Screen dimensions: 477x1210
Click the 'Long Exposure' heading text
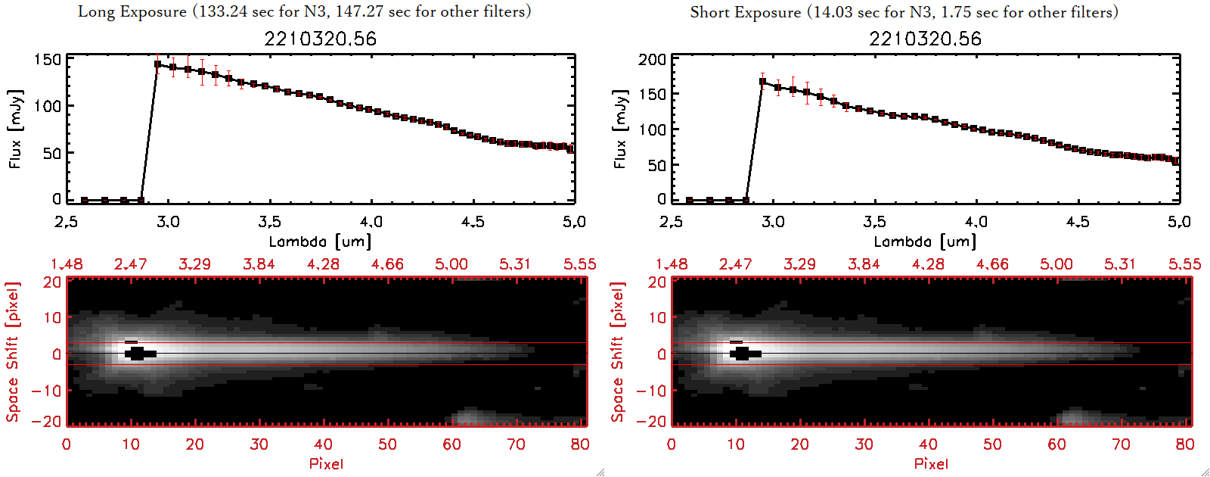(x=132, y=11)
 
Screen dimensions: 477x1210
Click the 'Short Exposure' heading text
(x=745, y=12)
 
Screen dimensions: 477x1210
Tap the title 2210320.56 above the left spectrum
(x=320, y=39)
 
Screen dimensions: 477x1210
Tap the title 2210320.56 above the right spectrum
(x=925, y=39)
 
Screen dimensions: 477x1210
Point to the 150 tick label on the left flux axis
(x=48, y=59)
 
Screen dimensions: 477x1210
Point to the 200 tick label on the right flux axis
(x=653, y=59)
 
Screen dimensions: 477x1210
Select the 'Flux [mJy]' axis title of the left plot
(x=16, y=129)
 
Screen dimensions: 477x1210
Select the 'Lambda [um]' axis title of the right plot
(x=925, y=242)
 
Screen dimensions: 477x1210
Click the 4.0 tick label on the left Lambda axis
(x=371, y=222)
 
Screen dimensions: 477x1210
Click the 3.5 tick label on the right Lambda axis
(x=874, y=222)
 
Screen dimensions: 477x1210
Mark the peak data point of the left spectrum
(x=157, y=64)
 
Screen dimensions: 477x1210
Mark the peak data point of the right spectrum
(x=762, y=82)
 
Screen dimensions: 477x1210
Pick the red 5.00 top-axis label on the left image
(x=451, y=264)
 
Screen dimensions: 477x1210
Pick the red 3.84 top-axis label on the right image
(x=864, y=264)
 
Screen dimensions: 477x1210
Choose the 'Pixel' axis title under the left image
(x=326, y=463)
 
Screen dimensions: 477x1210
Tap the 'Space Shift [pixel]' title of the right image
(x=618, y=352)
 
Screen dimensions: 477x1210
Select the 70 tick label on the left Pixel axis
(x=516, y=444)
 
